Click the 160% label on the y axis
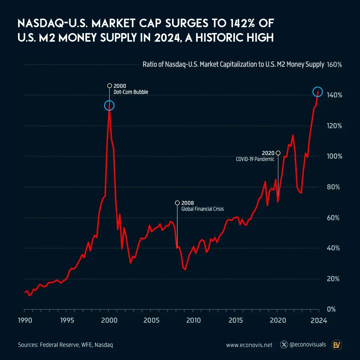(x=335, y=65)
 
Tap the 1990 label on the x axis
(x=24, y=320)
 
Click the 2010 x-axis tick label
(x=193, y=320)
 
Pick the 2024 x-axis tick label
(x=319, y=320)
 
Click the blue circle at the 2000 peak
(x=109, y=106)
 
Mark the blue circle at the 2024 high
(x=318, y=92)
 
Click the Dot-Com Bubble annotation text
(x=131, y=92)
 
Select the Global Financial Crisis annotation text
(x=202, y=209)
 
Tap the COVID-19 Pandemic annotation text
(x=255, y=159)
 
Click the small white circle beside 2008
(x=177, y=203)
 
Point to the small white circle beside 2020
(x=278, y=153)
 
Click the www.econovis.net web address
(x=249, y=345)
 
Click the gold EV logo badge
(x=336, y=345)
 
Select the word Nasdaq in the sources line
(x=104, y=345)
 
